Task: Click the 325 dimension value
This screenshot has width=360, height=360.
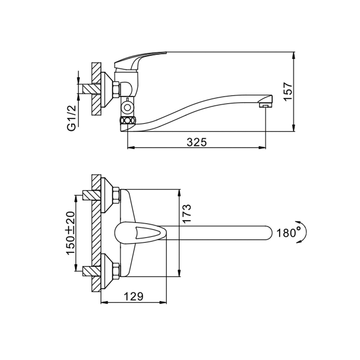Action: click(x=197, y=142)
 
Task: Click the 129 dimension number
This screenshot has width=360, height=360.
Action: click(x=134, y=296)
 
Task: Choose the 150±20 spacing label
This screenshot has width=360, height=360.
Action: click(x=70, y=233)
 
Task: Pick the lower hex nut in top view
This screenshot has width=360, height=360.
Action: click(x=116, y=271)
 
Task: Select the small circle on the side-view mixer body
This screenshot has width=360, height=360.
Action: click(x=127, y=107)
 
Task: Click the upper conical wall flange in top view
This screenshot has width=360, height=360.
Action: click(x=107, y=195)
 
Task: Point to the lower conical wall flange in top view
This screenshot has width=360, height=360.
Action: click(x=107, y=271)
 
